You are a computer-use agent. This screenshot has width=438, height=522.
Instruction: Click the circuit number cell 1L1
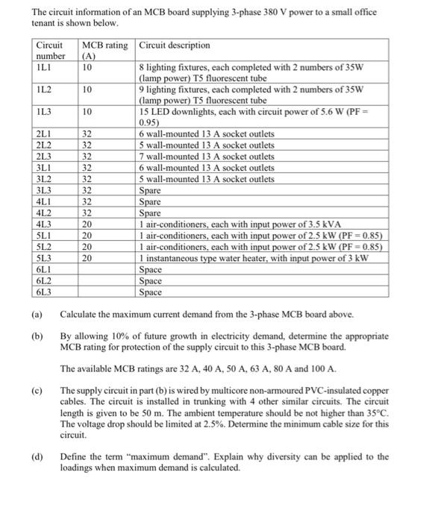point(44,67)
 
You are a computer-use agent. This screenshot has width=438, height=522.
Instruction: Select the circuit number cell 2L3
point(44,157)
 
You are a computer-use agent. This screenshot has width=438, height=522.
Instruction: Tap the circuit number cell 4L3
point(44,224)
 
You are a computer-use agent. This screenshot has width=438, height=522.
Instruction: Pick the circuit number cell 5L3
point(44,258)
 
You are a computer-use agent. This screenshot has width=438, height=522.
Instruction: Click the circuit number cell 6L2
point(44,280)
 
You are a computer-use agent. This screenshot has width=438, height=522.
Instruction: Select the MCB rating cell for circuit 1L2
point(88,89)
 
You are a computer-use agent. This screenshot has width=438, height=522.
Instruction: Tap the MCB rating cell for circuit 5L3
point(88,258)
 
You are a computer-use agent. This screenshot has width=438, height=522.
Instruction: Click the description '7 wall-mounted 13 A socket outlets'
point(207,157)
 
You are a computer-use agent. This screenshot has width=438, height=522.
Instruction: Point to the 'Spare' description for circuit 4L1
point(150,201)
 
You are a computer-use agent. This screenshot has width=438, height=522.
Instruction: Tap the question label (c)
point(37,391)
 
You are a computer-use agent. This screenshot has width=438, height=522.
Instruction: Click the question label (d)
point(37,456)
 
